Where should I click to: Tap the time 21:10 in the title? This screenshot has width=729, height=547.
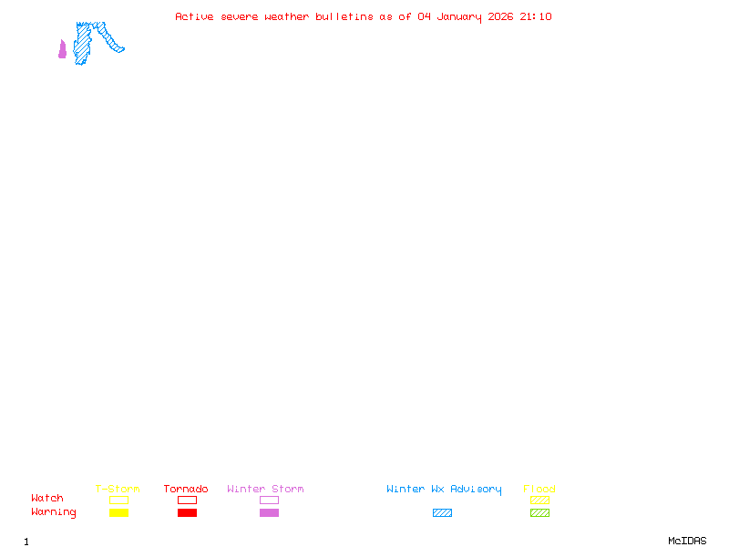coord(536,16)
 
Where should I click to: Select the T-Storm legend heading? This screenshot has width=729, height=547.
coord(118,489)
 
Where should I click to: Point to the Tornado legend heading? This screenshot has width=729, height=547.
coord(186,489)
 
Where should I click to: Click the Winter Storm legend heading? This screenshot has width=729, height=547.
coord(265,489)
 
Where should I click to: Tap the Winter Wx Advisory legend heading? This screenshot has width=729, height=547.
coord(444,489)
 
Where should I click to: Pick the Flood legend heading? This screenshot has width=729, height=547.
coord(539,489)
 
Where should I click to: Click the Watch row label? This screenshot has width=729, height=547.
coord(47,499)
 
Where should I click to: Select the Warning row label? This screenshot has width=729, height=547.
coord(54,512)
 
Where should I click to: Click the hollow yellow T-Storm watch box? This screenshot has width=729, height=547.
coord(118,500)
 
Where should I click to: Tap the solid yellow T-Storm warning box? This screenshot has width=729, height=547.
coord(118,512)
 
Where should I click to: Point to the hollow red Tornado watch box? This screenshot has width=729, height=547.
coord(187,500)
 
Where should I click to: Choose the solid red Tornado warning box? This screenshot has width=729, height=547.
coord(187,512)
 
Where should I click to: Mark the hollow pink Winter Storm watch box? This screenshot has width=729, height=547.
coord(269,500)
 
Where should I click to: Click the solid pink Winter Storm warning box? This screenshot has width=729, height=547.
coord(269,512)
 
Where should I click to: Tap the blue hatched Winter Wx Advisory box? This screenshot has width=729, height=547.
coord(442,512)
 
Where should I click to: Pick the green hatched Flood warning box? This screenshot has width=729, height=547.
coord(539,512)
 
